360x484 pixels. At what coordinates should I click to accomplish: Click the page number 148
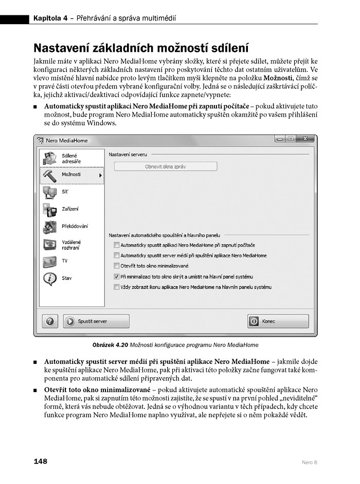click(41, 461)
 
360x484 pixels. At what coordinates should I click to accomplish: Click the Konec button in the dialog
click(278, 321)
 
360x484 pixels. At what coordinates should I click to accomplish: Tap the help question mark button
click(50, 321)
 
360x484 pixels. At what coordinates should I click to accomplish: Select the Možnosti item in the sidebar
click(71, 175)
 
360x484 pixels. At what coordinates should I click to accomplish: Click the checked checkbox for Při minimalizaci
click(117, 276)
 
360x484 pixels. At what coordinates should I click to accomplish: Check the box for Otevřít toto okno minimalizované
click(117, 266)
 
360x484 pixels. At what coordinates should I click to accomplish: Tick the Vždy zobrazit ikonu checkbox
click(117, 287)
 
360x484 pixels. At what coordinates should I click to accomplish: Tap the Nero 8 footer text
click(309, 462)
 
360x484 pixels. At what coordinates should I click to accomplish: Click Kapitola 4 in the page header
click(50, 19)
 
